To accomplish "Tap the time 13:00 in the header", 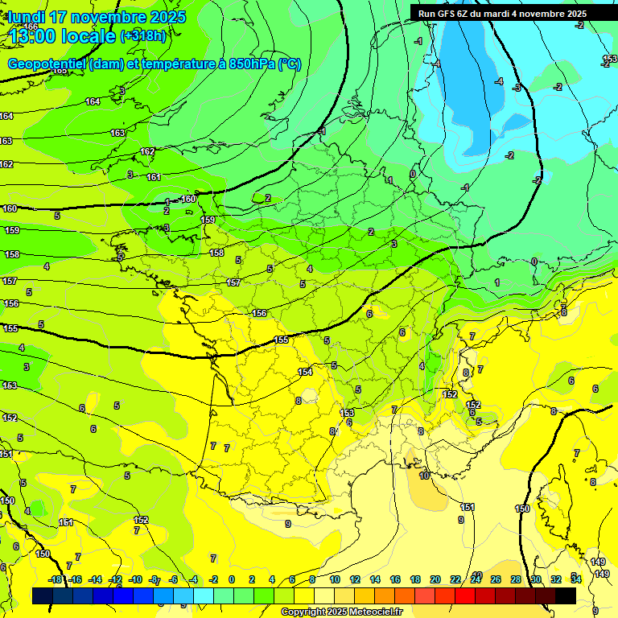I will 33,36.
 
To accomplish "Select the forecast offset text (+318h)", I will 144,36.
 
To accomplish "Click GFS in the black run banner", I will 448,14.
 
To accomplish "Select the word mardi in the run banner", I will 503,14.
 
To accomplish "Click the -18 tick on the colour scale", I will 56,579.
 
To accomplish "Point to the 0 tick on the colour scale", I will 232,579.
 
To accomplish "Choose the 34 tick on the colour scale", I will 576,579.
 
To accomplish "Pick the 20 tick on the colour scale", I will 435,579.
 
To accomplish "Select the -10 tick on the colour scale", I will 135,579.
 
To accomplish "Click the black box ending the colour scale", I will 566,595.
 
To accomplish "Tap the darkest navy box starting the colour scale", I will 43,595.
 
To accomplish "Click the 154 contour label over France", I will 305,372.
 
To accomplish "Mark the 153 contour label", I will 347,413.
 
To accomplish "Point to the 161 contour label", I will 154,177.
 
